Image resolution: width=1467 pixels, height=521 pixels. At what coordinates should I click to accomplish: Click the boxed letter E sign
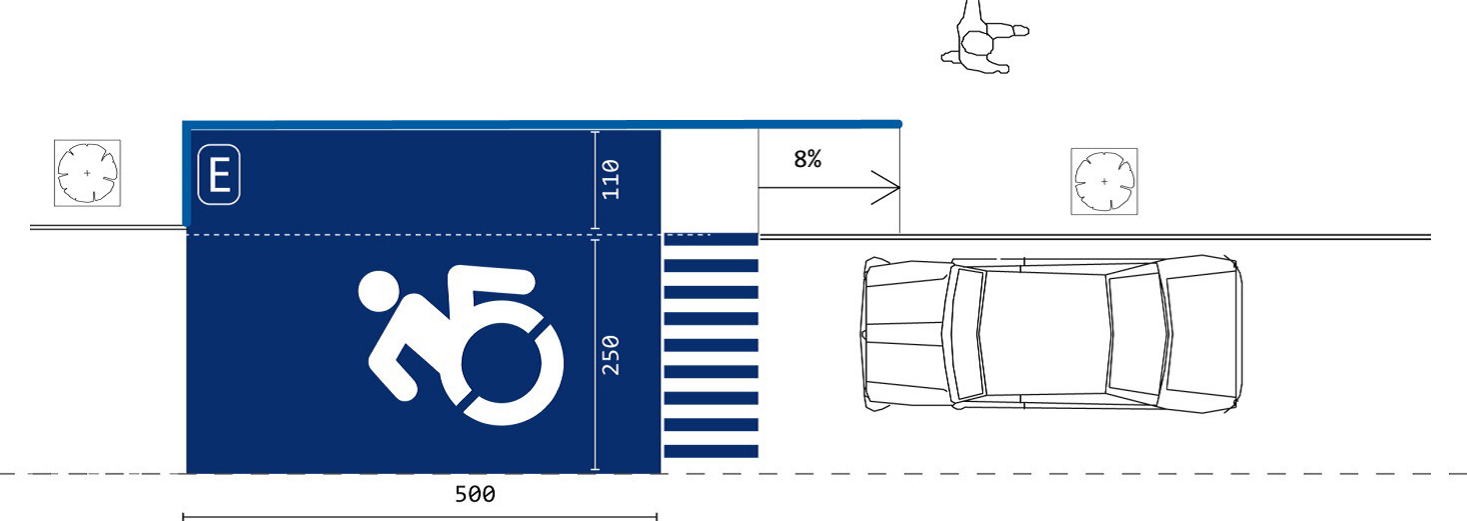219,175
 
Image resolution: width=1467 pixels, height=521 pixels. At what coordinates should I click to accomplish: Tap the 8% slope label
807,159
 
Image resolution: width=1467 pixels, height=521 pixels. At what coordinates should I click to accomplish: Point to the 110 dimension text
611,180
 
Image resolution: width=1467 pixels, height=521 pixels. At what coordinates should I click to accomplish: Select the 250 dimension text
611,355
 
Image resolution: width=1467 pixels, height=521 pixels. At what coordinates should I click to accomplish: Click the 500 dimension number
475,494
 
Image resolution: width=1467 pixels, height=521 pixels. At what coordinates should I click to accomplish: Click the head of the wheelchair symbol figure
378,290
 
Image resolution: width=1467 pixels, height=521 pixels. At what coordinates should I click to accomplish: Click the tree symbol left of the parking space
87,174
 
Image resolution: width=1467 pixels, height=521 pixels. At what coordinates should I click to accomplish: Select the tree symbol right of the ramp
1103,182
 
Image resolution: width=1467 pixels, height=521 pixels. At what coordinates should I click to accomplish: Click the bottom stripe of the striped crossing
711,451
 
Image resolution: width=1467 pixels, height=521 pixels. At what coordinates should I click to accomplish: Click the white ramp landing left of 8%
710,180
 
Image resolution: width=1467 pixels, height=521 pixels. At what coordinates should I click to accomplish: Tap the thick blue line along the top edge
540,124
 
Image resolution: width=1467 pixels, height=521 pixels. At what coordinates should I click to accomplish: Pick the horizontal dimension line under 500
420,517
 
